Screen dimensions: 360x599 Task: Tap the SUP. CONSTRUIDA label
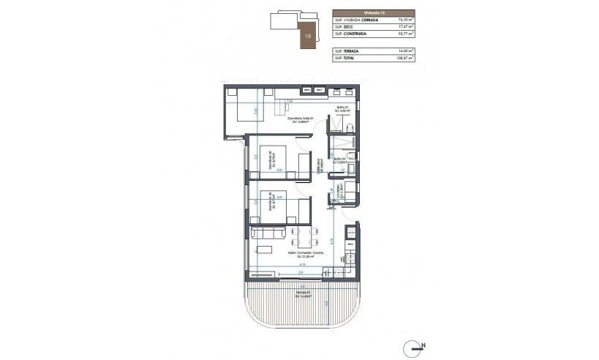(352, 34)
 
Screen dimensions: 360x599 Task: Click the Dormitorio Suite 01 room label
(285, 120)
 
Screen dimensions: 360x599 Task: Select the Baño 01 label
(341, 110)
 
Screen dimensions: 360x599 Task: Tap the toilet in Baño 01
(350, 127)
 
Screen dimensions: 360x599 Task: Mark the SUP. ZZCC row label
(344, 27)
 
